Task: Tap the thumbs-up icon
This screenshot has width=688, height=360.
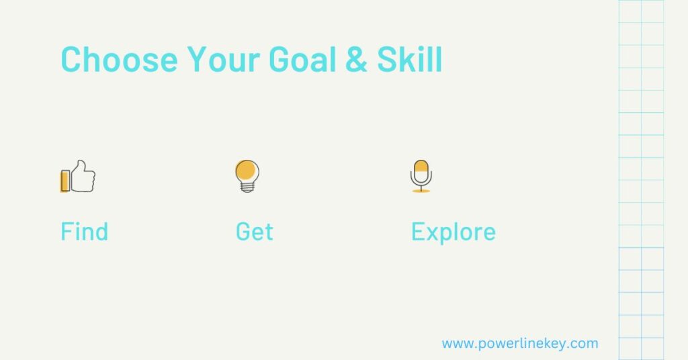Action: [x=78, y=176]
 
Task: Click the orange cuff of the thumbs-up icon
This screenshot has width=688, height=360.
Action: [x=65, y=181]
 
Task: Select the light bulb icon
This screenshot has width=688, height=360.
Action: [x=247, y=176]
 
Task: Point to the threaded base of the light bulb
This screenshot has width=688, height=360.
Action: [x=247, y=187]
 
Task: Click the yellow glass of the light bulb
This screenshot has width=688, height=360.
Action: [x=247, y=170]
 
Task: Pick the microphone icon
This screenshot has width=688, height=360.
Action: [x=421, y=176]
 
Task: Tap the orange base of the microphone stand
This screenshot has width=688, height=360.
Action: [x=421, y=191]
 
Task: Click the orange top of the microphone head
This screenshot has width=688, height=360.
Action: [x=421, y=165]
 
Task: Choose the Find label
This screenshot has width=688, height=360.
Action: [x=84, y=232]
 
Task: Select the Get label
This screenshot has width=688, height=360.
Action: [x=254, y=232]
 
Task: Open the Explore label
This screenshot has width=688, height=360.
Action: [x=453, y=232]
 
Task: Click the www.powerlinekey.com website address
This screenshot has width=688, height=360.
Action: [x=519, y=344]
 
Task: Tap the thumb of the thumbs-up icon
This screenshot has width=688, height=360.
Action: [x=82, y=166]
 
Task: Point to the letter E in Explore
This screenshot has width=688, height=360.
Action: [x=418, y=232]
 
